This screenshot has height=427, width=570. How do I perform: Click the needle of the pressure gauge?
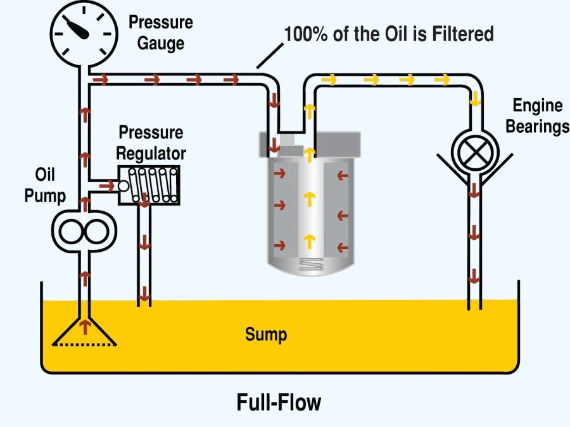(x=77, y=28)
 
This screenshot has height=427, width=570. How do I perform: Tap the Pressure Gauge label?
(x=161, y=33)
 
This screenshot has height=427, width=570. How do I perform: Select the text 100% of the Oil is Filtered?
(x=389, y=34)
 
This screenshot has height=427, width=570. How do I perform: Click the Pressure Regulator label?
(x=151, y=143)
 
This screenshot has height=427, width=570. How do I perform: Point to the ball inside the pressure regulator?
(x=123, y=186)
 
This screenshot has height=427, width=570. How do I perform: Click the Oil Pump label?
(x=45, y=185)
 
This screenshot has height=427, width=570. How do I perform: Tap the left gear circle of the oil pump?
(x=71, y=232)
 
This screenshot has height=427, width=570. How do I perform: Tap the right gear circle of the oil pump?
(x=97, y=232)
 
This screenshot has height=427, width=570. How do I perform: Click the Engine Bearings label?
(x=537, y=116)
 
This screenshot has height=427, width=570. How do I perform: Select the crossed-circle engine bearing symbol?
(x=475, y=152)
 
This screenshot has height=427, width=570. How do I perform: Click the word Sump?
(x=266, y=335)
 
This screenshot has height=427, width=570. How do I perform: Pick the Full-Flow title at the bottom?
(x=279, y=402)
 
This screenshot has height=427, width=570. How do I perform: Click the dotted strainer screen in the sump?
(x=84, y=345)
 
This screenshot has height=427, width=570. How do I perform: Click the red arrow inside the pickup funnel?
(x=85, y=327)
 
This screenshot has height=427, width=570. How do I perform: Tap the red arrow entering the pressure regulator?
(x=106, y=186)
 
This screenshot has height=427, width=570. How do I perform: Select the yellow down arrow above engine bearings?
(x=475, y=99)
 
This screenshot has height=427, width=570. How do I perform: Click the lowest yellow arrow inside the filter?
(x=309, y=242)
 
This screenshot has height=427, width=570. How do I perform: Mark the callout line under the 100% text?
(x=270, y=56)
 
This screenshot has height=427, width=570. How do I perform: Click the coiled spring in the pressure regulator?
(x=153, y=185)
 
